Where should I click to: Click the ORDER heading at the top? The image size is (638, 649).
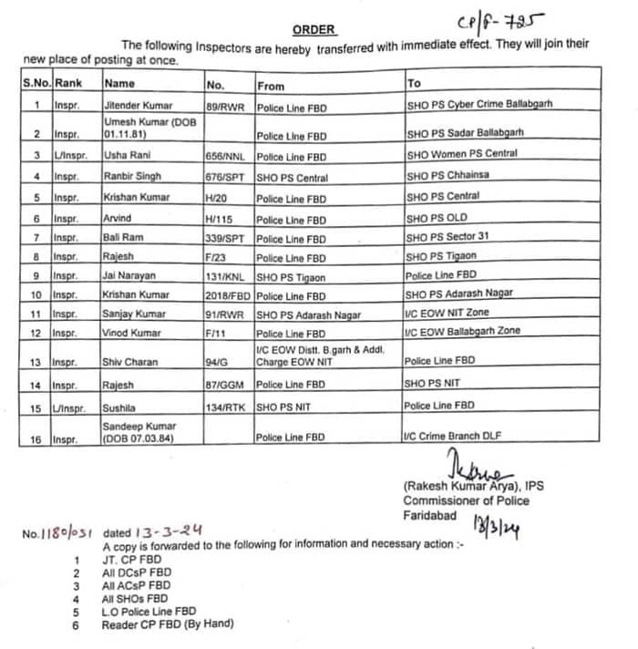click(314, 29)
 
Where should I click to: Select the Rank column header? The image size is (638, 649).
click(68, 83)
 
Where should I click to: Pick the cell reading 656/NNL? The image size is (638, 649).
click(228, 157)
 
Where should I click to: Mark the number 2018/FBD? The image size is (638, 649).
click(230, 295)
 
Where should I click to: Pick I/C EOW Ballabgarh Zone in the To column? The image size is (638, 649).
click(462, 331)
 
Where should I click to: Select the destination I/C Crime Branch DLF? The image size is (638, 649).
click(452, 438)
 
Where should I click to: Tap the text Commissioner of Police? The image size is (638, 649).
click(466, 500)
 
